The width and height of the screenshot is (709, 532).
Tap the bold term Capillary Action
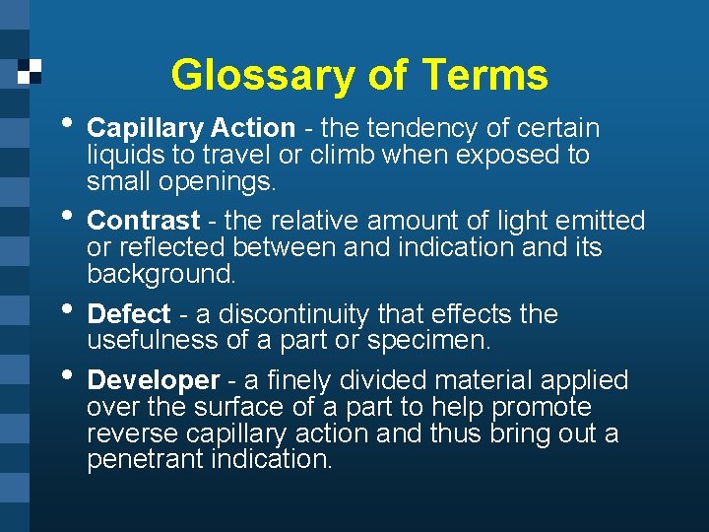point(191,128)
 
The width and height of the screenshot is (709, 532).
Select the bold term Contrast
point(144,221)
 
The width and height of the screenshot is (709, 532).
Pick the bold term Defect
point(129,314)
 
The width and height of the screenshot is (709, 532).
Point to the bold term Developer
point(154,380)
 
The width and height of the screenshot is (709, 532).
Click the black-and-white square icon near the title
point(31,71)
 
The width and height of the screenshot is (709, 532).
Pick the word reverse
point(125,433)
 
